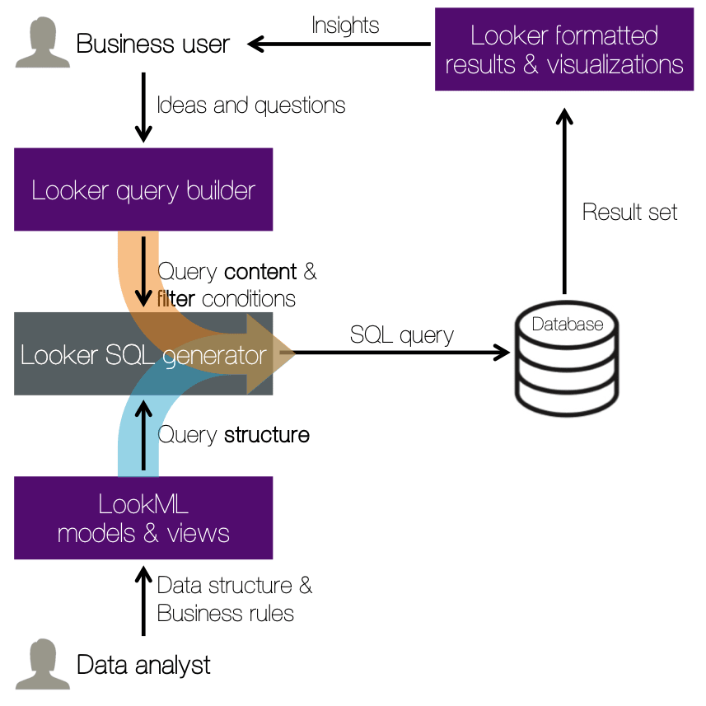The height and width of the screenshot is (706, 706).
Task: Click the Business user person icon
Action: click(42, 43)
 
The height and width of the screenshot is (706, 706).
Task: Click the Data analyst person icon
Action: click(42, 663)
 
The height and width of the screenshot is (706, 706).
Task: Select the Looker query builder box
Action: click(143, 190)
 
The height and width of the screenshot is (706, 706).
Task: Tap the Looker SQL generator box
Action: click(143, 354)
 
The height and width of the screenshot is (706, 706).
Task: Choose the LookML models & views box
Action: click(143, 518)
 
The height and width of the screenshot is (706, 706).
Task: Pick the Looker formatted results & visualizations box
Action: click(564, 49)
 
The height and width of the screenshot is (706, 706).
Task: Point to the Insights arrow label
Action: click(345, 26)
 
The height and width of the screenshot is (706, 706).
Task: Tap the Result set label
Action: click(629, 212)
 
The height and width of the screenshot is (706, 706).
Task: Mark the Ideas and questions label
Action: click(250, 105)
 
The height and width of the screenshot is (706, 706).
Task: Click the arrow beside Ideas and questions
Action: click(144, 107)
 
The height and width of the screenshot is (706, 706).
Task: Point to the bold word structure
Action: click(267, 434)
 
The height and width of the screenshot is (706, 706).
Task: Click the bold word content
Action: click(260, 271)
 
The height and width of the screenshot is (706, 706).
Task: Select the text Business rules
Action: click(225, 613)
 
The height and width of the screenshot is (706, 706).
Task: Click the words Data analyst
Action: click(143, 664)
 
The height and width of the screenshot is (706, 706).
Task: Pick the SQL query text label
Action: click(401, 334)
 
